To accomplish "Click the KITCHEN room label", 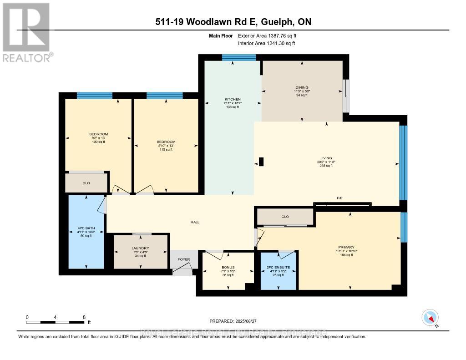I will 232,99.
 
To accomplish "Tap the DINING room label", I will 302,87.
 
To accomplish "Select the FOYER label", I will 183,259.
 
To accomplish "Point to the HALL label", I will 195,222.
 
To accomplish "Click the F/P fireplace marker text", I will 339,198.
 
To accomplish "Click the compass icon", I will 430,317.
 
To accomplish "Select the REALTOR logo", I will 27,32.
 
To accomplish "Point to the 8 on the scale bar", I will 84,317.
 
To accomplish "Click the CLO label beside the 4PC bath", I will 86,183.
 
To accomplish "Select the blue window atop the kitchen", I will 238,57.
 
